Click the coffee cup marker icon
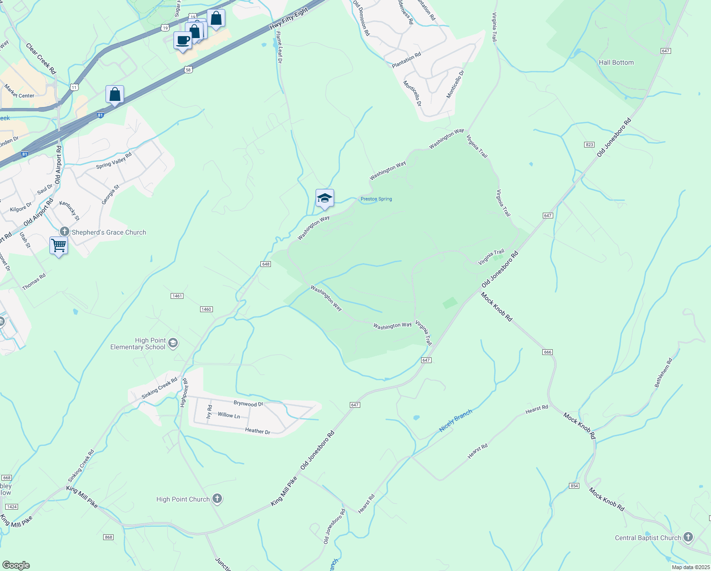[x=183, y=40]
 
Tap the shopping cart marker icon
[x=58, y=246]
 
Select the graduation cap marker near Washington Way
[x=325, y=198]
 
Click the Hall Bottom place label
[x=616, y=62]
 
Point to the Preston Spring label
[x=376, y=199]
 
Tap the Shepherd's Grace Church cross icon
[x=65, y=232]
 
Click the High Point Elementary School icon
[x=173, y=343]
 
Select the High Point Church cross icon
[x=217, y=499]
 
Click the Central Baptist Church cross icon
[x=688, y=537]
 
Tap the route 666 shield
[x=548, y=352]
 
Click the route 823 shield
[x=589, y=144]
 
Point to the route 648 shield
[x=266, y=264]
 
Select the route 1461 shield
[x=177, y=296]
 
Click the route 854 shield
[x=574, y=485]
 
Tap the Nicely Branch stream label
[x=455, y=420]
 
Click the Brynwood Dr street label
[x=248, y=404]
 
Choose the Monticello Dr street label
[x=412, y=93]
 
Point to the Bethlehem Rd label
[x=663, y=373]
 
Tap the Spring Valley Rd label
[x=114, y=160]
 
